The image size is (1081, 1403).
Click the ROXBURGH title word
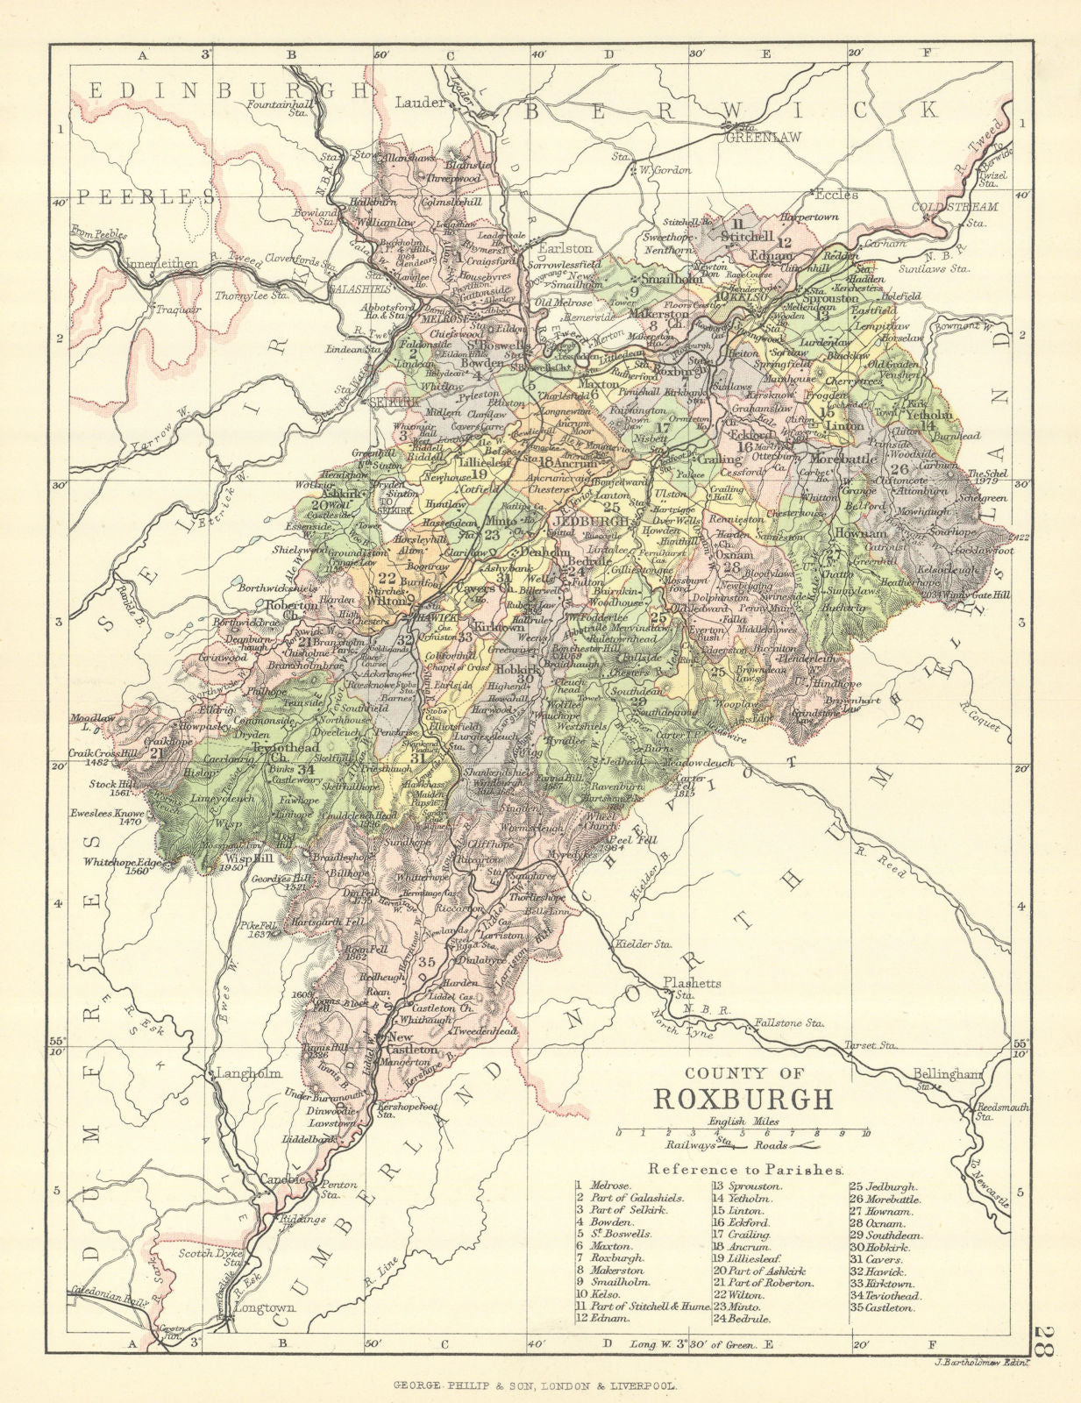(x=743, y=1099)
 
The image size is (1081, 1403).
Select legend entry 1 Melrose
(x=598, y=1185)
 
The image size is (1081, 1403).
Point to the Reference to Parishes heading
(x=746, y=1168)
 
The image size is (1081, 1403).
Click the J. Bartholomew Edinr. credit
(x=968, y=1362)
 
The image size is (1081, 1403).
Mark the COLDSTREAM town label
(x=942, y=207)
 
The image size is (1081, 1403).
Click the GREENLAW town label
(x=751, y=136)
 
